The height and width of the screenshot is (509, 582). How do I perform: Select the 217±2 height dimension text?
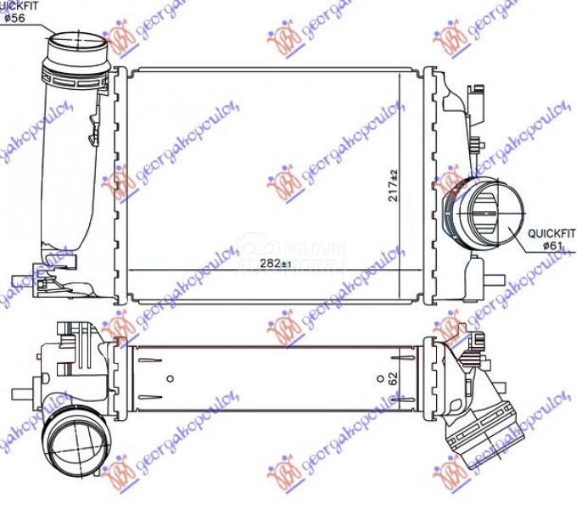[x=392, y=185]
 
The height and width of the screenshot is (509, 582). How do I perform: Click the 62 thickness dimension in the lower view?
[x=392, y=379]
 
